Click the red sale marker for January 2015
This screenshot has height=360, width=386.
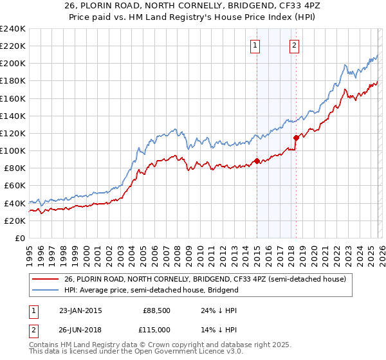click(257, 161)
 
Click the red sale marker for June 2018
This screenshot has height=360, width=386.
click(296, 138)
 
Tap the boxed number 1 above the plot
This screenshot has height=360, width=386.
click(256, 45)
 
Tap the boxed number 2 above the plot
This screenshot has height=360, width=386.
click(294, 45)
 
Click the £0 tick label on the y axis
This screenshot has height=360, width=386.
click(19, 238)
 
